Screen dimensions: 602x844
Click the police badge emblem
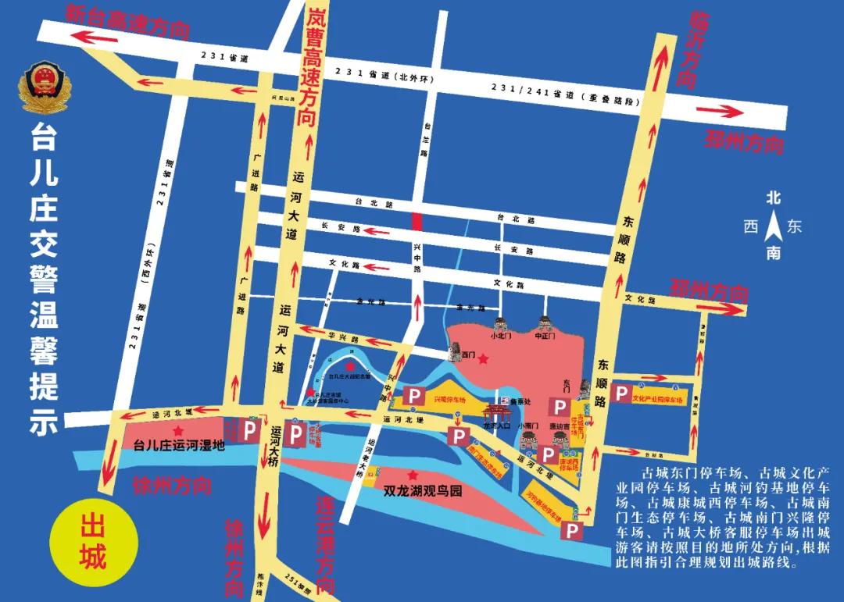tap(44, 89)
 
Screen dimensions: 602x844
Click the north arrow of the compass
tap(774, 228)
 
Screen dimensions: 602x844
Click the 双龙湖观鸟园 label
tap(423, 493)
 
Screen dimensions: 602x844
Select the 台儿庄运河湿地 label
tap(179, 447)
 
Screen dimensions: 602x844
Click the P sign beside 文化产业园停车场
tap(621, 394)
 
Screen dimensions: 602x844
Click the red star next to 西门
tap(484, 359)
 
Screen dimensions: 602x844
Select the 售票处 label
tap(523, 402)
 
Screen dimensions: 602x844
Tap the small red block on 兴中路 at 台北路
tap(417, 221)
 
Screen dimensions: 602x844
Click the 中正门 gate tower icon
tap(545, 322)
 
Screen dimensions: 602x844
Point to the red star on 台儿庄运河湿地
tap(179, 430)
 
